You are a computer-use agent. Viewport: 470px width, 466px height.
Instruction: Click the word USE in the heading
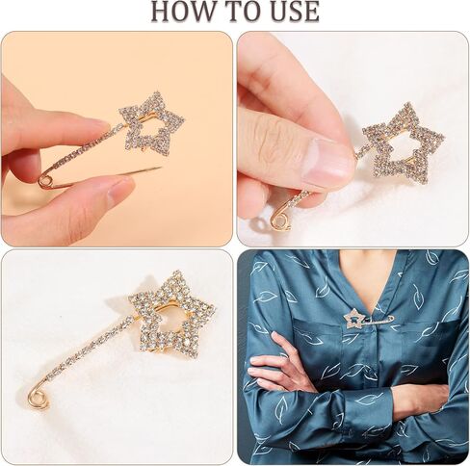tap(288, 12)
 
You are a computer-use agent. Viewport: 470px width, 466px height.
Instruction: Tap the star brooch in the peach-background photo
tap(151, 123)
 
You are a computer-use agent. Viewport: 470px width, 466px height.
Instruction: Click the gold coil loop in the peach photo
tap(44, 179)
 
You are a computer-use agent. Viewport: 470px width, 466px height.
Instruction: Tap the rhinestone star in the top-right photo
tap(403, 142)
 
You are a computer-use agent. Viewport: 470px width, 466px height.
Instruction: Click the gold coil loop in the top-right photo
tap(280, 221)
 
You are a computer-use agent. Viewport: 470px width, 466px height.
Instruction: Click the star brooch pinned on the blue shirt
tap(356, 319)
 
